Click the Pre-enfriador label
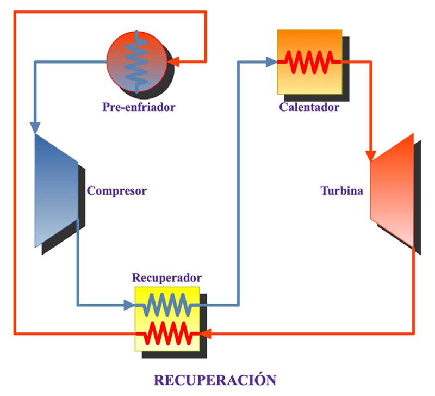point(139,107)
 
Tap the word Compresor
point(117,191)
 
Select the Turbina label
point(341,191)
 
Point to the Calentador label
point(309,107)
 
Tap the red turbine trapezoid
point(393,190)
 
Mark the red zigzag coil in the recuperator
point(167,332)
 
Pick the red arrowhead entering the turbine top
point(371,156)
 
